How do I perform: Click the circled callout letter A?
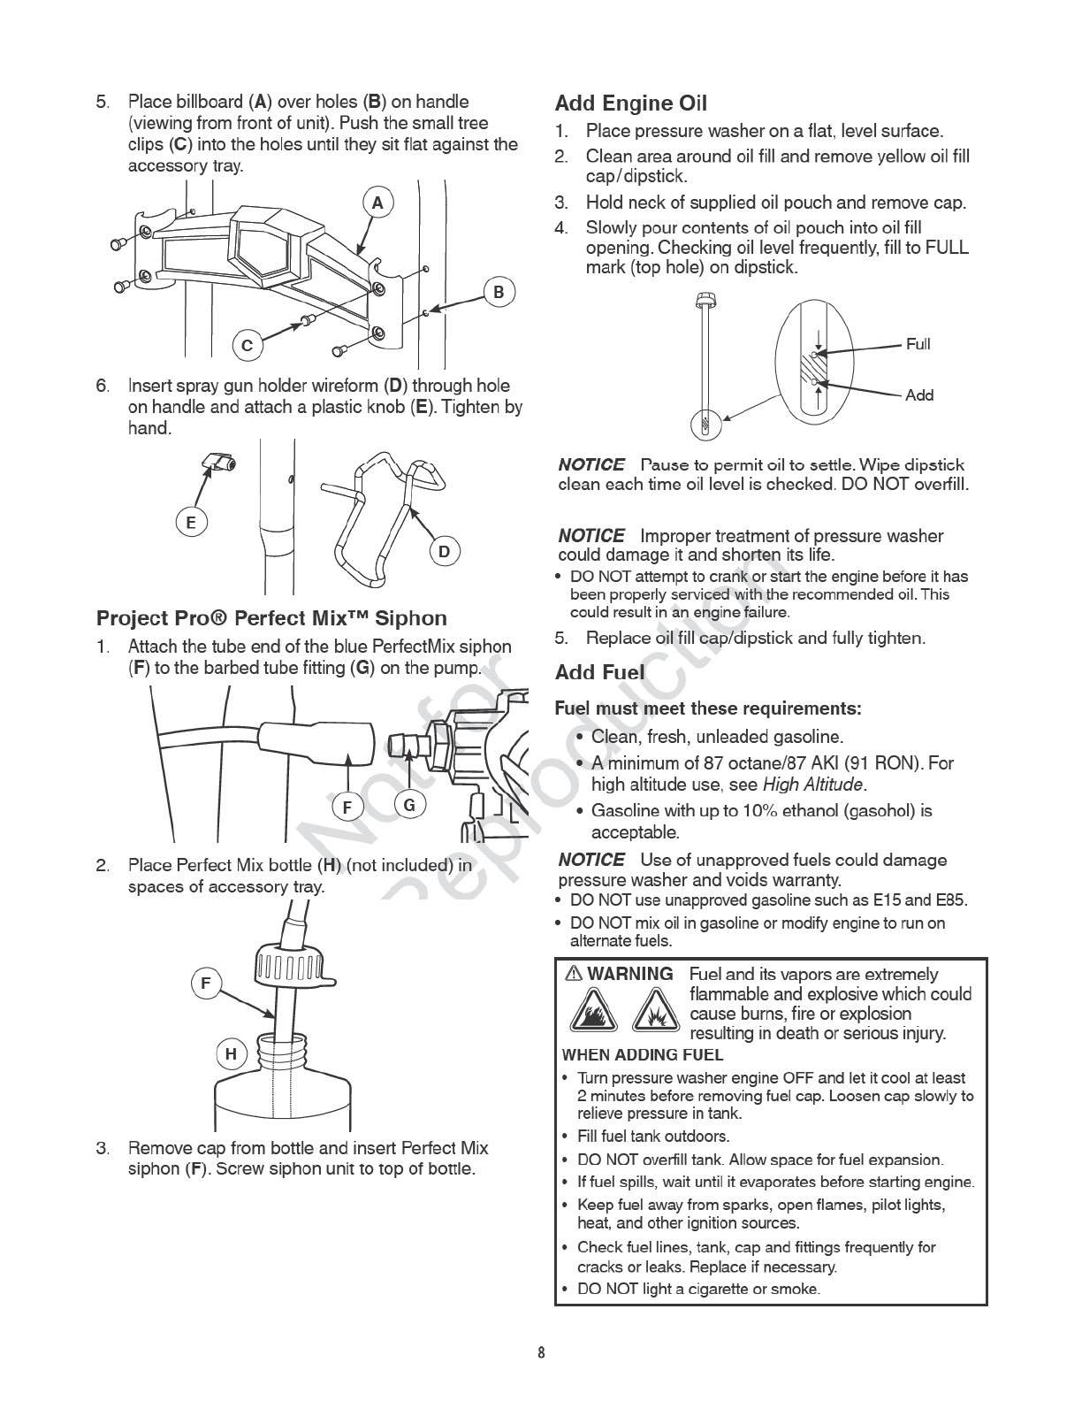[377, 203]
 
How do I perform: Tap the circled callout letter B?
[499, 293]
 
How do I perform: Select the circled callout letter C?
[248, 346]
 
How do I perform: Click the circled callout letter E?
[190, 523]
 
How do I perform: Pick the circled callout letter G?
[409, 805]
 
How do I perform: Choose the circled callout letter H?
[231, 1054]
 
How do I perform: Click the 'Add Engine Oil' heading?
[630, 103]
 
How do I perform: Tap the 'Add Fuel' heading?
[599, 673]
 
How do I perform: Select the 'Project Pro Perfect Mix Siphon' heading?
[271, 618]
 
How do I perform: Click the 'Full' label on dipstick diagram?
[918, 344]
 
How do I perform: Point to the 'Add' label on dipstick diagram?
[919, 395]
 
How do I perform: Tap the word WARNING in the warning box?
[629, 975]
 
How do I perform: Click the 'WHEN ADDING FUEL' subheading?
[642, 1055]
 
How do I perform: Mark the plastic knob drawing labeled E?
[218, 461]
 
